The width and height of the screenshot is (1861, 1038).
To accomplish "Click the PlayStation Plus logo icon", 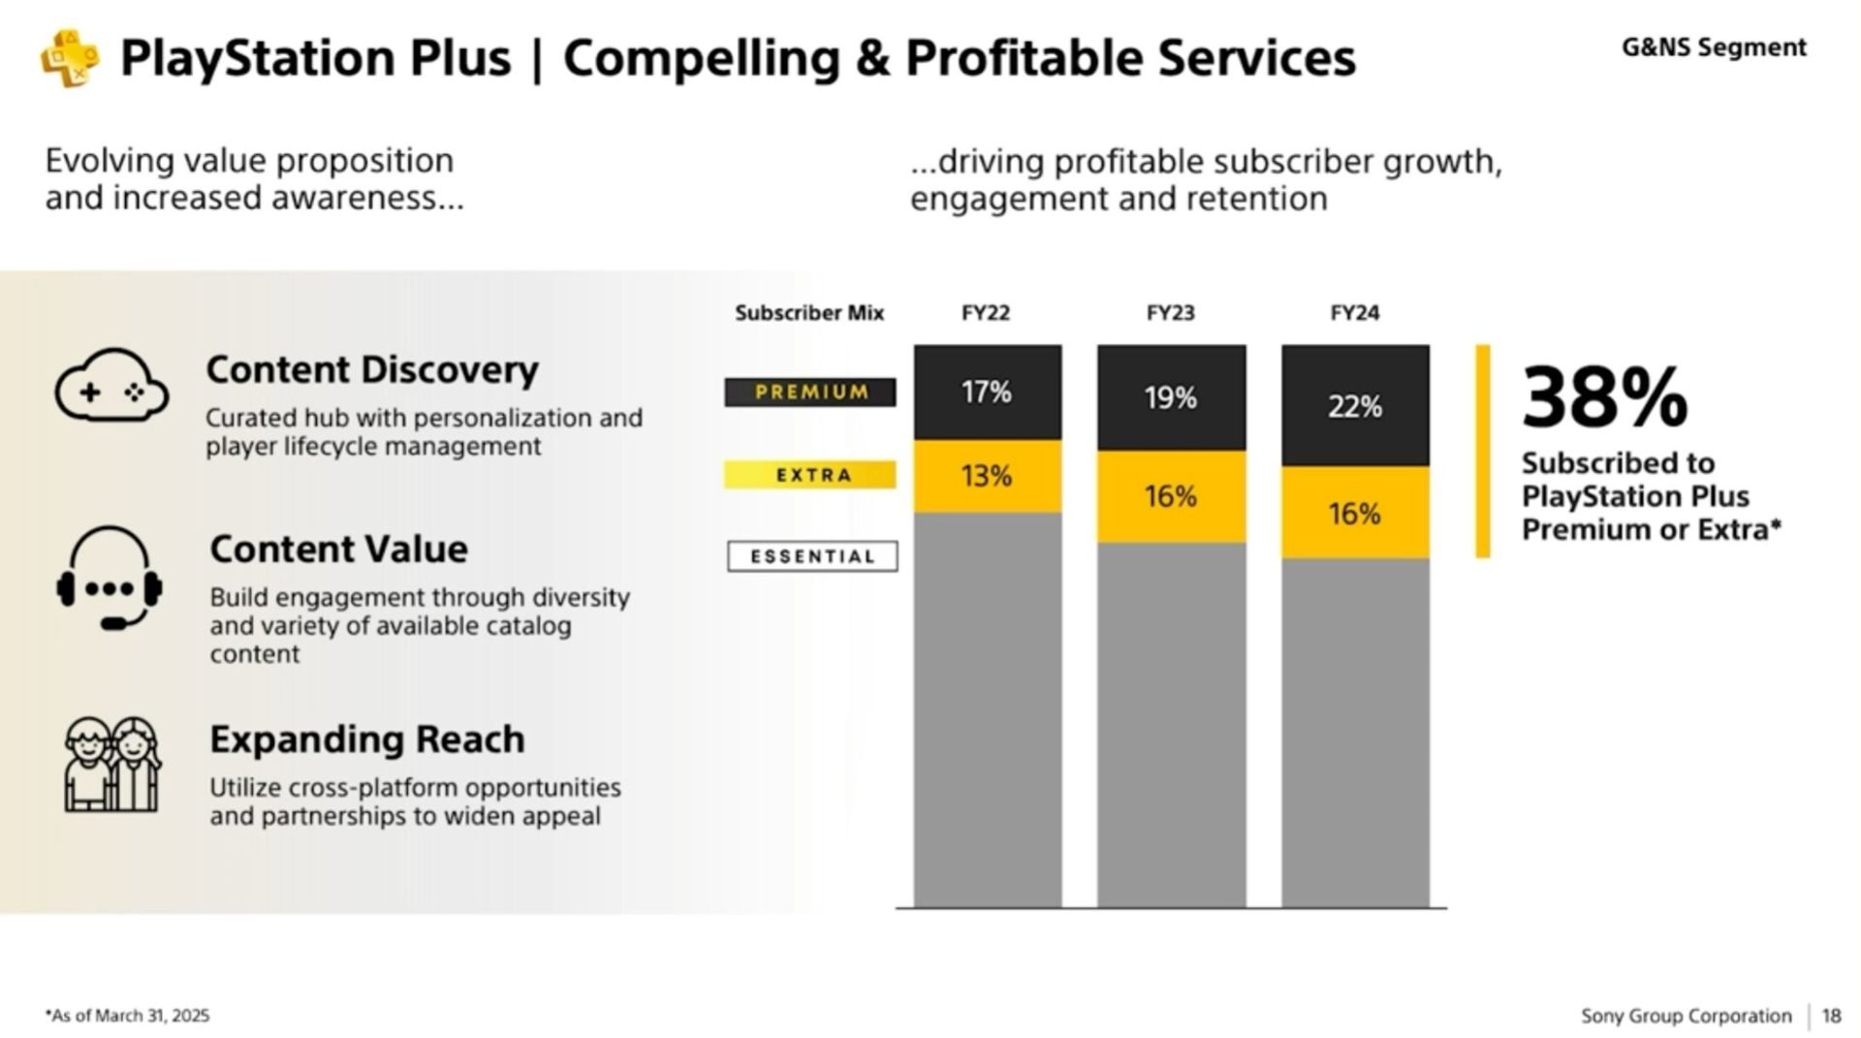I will [x=69, y=58].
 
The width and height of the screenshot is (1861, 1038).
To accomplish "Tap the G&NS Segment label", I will [x=1713, y=47].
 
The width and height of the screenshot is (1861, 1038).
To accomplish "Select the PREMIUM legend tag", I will [x=810, y=393].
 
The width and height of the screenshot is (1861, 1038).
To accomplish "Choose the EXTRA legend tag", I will [x=810, y=475].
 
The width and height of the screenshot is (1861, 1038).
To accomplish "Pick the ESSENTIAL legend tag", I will [x=812, y=556].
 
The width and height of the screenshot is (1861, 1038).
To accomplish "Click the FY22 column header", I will [x=986, y=313].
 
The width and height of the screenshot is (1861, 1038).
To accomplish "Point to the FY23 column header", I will [x=1170, y=313].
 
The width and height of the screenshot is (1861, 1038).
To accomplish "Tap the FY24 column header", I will [x=1354, y=313].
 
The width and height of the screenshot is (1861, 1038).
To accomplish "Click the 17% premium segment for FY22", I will [x=987, y=393].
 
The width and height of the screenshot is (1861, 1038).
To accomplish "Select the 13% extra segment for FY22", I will [x=987, y=476].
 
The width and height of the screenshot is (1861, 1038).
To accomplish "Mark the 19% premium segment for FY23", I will [x=1171, y=397].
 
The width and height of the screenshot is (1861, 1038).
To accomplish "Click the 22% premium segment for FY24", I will [x=1355, y=406].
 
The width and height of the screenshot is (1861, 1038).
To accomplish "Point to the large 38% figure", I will [x=1604, y=397].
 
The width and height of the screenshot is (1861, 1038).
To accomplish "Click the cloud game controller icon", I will [x=111, y=386].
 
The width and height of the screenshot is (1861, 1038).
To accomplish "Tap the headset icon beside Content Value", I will [x=110, y=579].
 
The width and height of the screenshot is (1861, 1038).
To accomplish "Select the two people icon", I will [x=111, y=765].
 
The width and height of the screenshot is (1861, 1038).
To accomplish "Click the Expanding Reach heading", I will [x=367, y=739].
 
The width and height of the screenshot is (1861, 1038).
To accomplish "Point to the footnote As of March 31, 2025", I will [x=127, y=1016].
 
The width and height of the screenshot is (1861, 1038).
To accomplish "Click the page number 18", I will [x=1831, y=1016].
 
